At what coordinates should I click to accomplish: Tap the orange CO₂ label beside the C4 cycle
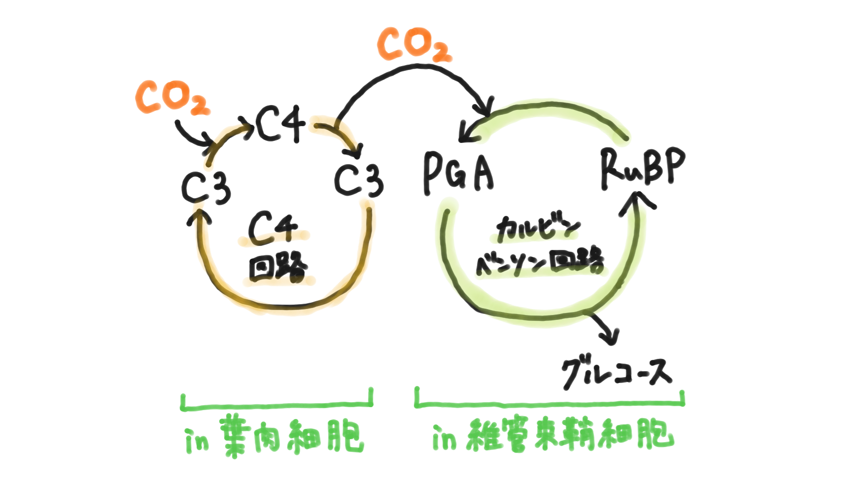click(x=172, y=98)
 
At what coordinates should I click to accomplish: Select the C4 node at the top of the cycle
click(x=280, y=124)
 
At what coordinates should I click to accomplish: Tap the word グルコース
click(x=616, y=373)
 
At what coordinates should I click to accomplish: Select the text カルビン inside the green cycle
click(x=538, y=229)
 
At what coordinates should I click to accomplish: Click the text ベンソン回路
click(x=539, y=262)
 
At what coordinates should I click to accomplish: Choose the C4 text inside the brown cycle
click(x=273, y=228)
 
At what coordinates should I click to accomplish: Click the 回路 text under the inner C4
click(x=278, y=268)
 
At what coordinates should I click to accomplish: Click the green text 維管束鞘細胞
click(x=569, y=435)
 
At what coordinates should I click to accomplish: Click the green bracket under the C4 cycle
click(x=277, y=405)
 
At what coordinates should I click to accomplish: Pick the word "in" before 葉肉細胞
click(x=197, y=440)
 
